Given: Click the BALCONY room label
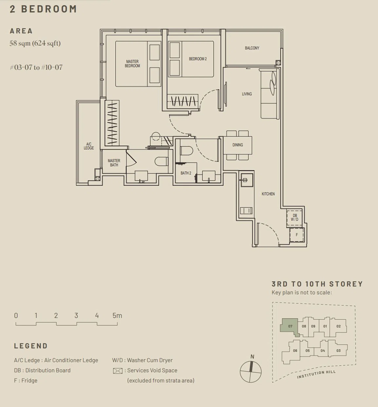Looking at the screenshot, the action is (x=252, y=48).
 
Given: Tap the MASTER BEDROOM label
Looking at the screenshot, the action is (x=132, y=64).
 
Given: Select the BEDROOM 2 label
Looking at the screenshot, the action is (x=198, y=59).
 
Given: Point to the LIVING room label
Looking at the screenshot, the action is (x=247, y=94).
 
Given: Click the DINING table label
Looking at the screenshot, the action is (x=237, y=145).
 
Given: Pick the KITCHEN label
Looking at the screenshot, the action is (x=268, y=194).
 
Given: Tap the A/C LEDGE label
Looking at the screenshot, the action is (x=88, y=146).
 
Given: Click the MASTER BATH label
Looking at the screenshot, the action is (x=114, y=163).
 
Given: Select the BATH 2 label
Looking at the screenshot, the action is (x=186, y=173).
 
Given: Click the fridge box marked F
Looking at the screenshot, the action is (x=296, y=235).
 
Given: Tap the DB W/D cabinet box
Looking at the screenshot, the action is (x=294, y=217).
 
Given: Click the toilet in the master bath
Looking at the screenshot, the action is (x=161, y=161).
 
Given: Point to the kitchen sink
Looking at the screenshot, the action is (x=247, y=180).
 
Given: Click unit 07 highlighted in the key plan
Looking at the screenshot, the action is (x=290, y=326).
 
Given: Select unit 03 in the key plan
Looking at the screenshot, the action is (x=338, y=350).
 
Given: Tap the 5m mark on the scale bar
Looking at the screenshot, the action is (x=117, y=315).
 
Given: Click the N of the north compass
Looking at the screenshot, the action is (x=252, y=357).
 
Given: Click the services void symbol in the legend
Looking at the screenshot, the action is (x=118, y=371).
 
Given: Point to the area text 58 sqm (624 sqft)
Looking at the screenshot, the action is (x=35, y=43).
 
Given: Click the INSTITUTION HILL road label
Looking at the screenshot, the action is (x=316, y=374).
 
